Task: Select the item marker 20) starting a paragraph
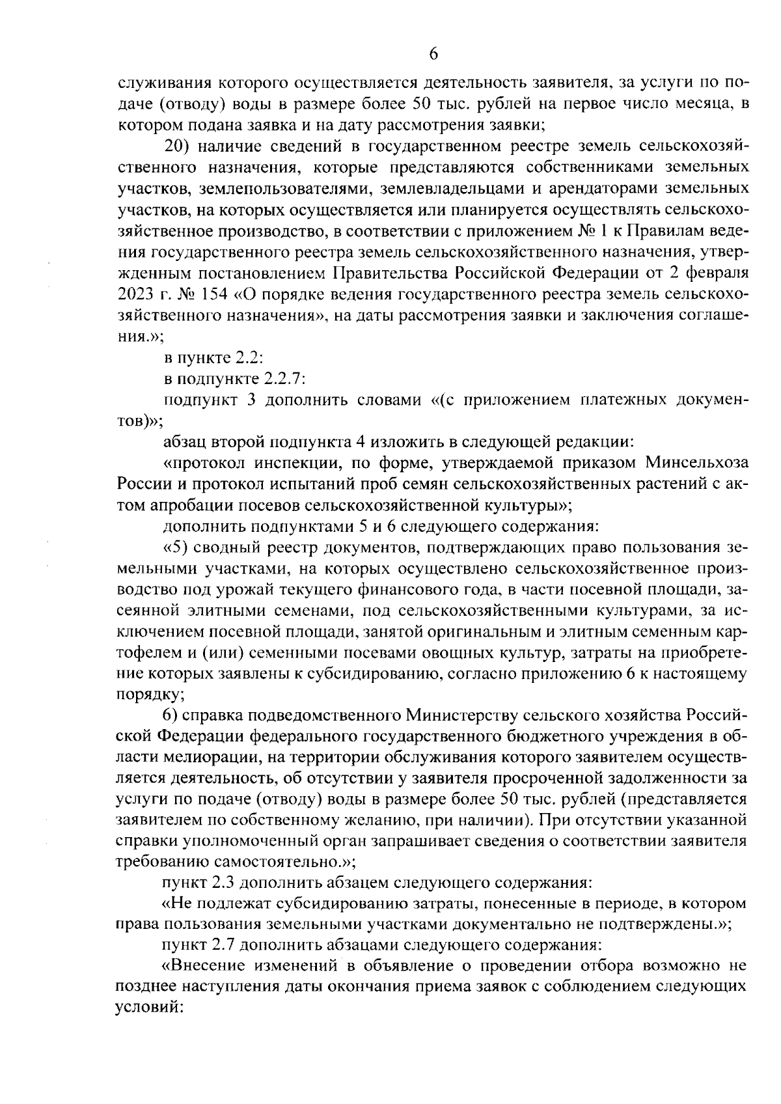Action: (178, 145)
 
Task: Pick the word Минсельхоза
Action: (696, 463)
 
